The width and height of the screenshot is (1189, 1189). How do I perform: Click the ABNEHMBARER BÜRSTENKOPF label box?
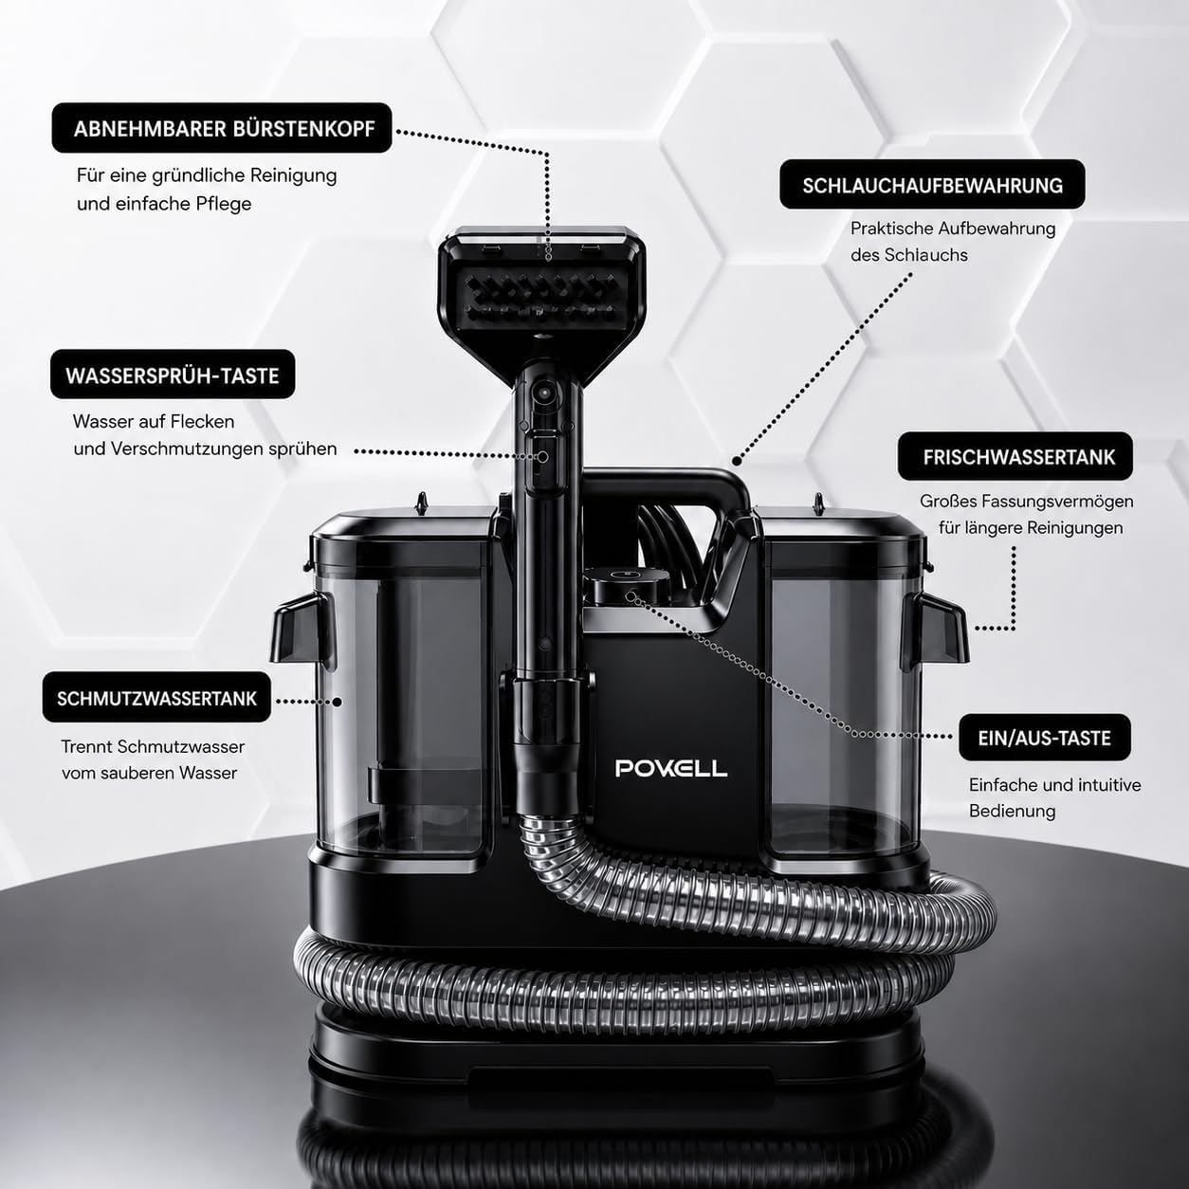[x=222, y=128]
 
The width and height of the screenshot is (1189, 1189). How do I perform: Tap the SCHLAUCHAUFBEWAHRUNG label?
[x=932, y=185]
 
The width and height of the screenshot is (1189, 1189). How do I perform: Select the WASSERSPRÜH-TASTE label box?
[x=173, y=375]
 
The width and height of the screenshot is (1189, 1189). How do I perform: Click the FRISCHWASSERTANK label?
[x=1015, y=456]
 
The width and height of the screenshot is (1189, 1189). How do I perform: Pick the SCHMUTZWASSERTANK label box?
[x=156, y=697]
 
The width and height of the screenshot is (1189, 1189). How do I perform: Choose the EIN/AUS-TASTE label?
[x=1045, y=738]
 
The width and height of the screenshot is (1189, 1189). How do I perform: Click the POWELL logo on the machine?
[x=671, y=768]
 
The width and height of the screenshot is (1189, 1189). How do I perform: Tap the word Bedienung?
[x=1012, y=811]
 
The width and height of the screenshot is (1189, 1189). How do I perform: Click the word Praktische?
[x=891, y=229]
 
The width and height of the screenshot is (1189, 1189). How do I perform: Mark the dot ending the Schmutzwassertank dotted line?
[x=338, y=702]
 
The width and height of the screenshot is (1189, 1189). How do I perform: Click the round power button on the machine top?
[x=630, y=596]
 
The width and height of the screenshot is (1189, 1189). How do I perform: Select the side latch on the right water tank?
[x=934, y=631]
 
